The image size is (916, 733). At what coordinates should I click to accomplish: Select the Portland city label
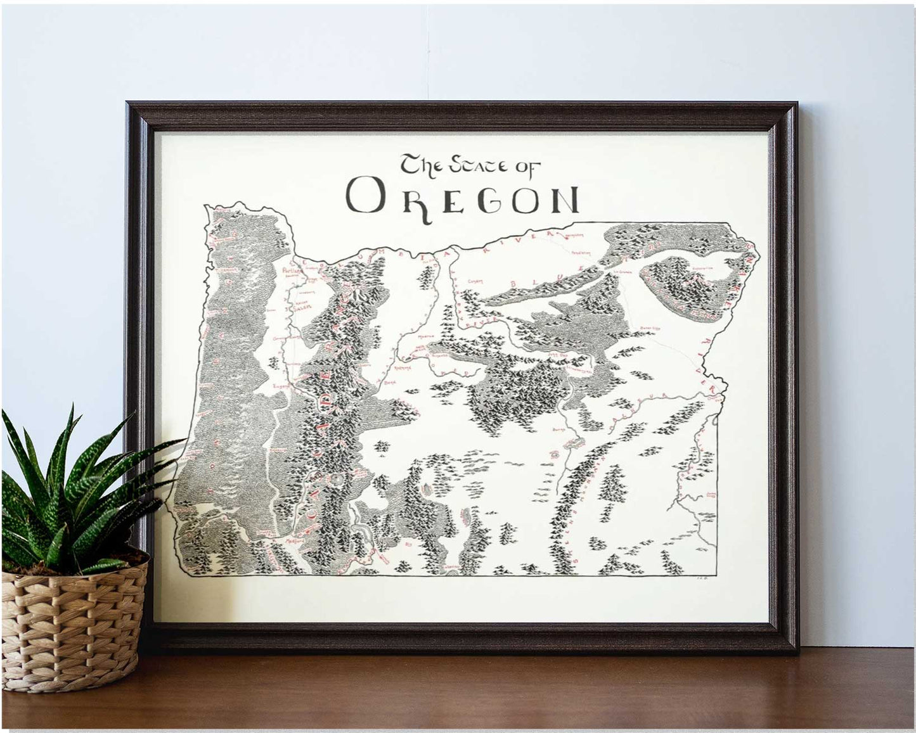288,270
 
